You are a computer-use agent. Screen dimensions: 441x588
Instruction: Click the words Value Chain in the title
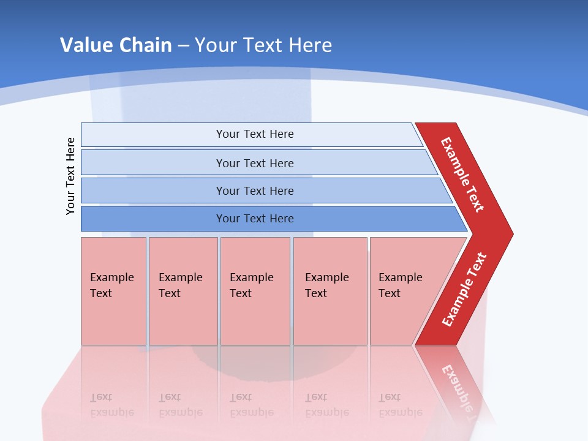116,45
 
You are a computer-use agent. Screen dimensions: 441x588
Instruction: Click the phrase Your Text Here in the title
263,45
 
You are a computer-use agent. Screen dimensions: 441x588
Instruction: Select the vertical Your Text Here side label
70,176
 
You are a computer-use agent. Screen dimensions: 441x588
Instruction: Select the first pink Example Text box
113,291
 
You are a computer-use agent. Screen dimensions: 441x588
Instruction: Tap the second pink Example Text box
183,291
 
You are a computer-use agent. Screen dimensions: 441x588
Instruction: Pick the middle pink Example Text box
255,291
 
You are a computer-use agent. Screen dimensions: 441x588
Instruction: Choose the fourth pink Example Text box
330,291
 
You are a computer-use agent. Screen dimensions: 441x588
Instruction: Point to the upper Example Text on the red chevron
462,175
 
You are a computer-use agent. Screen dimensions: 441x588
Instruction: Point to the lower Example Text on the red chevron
464,290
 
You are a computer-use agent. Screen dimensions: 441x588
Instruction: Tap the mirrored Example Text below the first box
112,404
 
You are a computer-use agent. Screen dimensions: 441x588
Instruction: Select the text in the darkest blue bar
255,219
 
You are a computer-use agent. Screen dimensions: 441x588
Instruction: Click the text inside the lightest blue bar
255,134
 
